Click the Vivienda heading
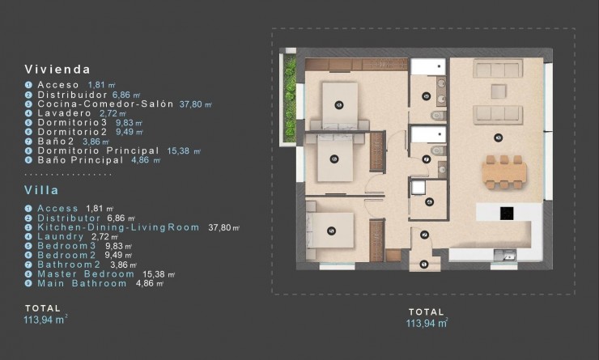tap(57, 70)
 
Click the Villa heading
tap(41, 192)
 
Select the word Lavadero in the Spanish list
tap(57, 113)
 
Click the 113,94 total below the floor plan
tap(425, 323)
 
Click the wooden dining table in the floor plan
tap(503, 172)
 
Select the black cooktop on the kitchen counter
tap(507, 214)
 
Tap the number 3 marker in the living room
tap(499, 136)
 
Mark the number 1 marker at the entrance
tap(425, 263)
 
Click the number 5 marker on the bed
tap(330, 231)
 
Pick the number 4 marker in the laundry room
tap(429, 201)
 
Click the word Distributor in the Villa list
tap(72, 218)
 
